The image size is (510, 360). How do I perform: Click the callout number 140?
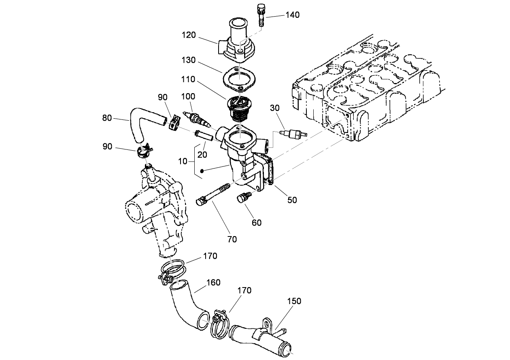click(x=292, y=15)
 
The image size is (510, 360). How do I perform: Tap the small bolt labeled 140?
click(x=260, y=15)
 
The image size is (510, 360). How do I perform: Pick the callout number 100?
click(x=188, y=96)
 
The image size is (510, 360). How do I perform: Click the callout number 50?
click(x=292, y=200)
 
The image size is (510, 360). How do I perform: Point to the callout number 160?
click(x=214, y=282)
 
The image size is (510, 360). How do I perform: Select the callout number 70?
click(x=232, y=239)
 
